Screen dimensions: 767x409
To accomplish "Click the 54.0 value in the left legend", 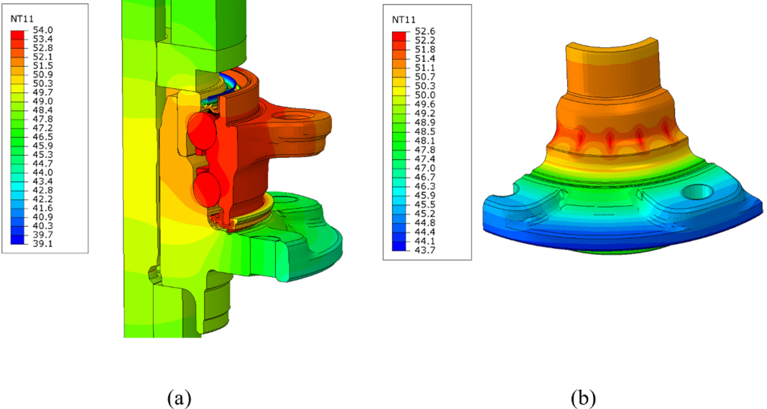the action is pyautogui.click(x=43, y=30).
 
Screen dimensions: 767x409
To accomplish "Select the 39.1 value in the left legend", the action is pyautogui.click(x=43, y=243).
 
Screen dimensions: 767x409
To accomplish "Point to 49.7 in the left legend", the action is pyautogui.click(x=43, y=93).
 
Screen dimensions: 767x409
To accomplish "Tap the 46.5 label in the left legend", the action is pyautogui.click(x=43, y=137).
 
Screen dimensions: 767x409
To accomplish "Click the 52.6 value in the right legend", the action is pyautogui.click(x=425, y=31).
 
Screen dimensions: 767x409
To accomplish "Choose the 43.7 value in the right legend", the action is pyautogui.click(x=425, y=250).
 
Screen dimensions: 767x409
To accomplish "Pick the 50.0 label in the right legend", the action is pyautogui.click(x=425, y=95).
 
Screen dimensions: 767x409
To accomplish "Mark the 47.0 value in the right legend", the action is pyautogui.click(x=425, y=168).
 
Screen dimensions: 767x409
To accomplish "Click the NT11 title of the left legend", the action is pyautogui.click(x=22, y=19).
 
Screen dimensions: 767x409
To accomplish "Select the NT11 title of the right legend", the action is pyautogui.click(x=404, y=20).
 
